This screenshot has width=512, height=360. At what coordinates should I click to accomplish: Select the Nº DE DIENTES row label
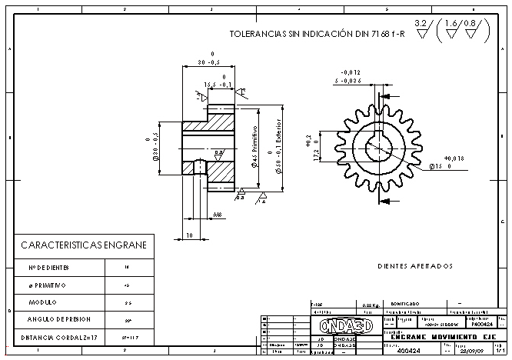49,268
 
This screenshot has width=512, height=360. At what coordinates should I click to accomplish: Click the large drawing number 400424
408,350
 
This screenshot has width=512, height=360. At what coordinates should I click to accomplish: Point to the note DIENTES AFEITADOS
415,266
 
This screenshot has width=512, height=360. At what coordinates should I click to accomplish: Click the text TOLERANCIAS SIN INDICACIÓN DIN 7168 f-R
318,35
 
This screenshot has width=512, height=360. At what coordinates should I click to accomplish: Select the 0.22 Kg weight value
371,305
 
